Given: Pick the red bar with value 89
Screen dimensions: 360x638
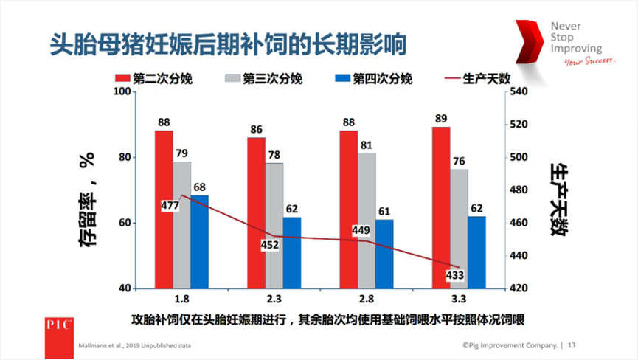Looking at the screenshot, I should coord(440,207).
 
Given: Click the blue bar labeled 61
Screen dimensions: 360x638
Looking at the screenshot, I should coord(384,254).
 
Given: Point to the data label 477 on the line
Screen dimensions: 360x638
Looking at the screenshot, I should coord(170,205).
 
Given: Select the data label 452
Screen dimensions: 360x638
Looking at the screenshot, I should coord(270,245).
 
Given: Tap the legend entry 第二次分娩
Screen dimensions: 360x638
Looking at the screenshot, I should coord(153,79).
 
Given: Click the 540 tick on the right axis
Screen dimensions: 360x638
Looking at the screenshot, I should coord(519,91).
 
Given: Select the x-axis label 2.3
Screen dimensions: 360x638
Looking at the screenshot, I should coord(274,301).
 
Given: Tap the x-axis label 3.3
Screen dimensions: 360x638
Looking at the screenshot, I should coord(458,301).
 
